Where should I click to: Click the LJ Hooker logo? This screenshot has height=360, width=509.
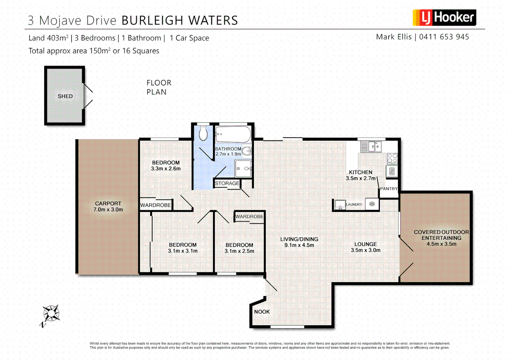point(444,18)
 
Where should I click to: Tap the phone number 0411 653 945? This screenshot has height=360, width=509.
point(444,37)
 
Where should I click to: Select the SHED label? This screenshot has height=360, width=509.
point(65,96)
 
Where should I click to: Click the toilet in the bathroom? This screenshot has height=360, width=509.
point(203,134)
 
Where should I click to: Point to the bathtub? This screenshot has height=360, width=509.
point(233,134)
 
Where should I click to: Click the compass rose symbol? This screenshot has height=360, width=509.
point(51,314)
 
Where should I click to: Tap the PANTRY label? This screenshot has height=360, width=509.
point(389,189)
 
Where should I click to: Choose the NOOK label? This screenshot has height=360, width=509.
point(262,312)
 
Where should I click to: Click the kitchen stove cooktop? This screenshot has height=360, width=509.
point(392,158)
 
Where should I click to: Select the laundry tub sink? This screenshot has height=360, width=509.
point(340,205)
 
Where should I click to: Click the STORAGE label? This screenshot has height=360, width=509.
point(227,183)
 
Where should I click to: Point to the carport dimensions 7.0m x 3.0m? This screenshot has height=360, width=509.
point(108,210)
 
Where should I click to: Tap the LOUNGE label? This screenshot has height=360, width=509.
point(365,244)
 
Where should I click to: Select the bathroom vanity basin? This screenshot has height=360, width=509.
point(247,152)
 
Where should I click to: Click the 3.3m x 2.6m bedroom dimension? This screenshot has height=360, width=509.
point(166,169)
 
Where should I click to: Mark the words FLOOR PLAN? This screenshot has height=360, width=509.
point(159,87)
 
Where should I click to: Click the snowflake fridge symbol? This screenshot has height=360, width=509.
point(372,204)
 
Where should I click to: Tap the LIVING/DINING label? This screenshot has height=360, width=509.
point(299,239)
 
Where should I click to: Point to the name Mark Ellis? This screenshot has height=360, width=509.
point(393,37)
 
